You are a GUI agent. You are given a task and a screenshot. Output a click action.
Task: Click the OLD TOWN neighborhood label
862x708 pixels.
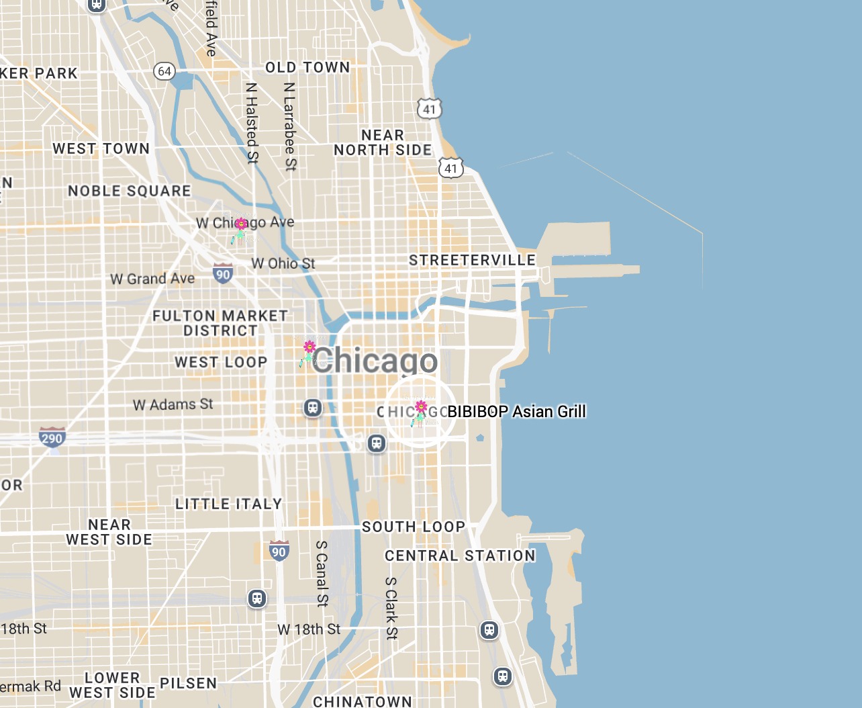coord(307,67)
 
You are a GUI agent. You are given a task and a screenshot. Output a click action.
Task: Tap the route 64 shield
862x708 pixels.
coord(164,71)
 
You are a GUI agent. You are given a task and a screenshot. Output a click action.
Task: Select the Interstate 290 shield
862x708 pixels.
coord(52,437)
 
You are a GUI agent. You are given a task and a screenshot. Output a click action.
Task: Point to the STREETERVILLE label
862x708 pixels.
coord(472,260)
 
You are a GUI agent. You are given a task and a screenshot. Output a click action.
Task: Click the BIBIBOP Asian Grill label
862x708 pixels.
coord(516,411)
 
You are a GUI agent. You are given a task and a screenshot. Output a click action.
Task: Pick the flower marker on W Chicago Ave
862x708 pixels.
coord(240,229)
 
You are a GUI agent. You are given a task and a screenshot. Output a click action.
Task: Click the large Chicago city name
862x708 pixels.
coord(375,361)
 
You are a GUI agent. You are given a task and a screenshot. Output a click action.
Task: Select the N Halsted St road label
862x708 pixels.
coord(252,122)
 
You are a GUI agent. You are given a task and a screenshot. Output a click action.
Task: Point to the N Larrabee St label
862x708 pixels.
coord(289,126)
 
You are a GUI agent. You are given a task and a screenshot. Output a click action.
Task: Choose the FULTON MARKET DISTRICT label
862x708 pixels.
coord(220,323)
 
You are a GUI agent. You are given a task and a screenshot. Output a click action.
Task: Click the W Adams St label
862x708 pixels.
coord(173,404)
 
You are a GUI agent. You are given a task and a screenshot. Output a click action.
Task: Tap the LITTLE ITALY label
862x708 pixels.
coord(228,504)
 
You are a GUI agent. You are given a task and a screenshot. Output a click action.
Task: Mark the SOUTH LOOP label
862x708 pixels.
coord(414,527)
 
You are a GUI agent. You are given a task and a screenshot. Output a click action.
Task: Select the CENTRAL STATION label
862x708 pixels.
coord(460,556)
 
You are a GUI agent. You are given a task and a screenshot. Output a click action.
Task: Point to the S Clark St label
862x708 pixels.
coord(391,608)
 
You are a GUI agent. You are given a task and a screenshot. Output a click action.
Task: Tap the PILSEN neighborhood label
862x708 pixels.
coord(188,683)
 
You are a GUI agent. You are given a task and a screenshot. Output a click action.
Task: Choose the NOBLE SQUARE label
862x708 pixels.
coord(130,191)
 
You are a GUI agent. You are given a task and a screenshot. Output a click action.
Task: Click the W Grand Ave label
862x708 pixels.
coord(152,279)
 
